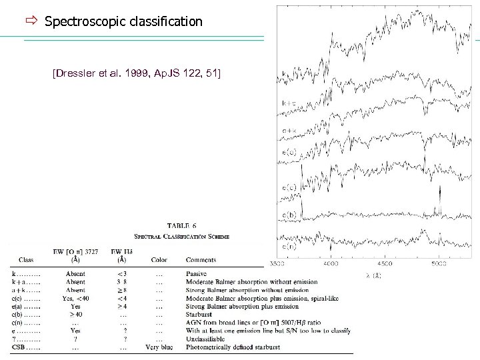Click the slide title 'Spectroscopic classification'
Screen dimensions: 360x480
123,21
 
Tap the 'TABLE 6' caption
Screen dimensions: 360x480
182,226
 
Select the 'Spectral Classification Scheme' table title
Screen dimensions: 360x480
182,236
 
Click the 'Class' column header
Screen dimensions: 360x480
27,259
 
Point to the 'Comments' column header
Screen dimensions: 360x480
201,259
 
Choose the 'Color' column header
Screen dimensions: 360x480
159,259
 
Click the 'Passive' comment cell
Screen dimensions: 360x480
198,273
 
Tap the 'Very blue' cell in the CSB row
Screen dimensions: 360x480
160,347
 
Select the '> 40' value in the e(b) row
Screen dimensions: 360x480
75,314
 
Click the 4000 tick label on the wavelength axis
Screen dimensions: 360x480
330,265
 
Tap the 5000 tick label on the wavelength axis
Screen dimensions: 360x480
438,265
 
